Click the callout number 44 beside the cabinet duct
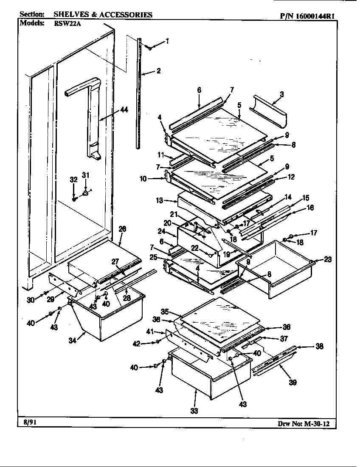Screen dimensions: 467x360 [x=124, y=110]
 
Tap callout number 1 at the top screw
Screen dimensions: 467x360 [x=167, y=41]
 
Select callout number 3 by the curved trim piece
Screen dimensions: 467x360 [x=281, y=94]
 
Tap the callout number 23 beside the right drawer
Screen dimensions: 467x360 [x=328, y=259]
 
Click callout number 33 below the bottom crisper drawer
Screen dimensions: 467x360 [x=194, y=411]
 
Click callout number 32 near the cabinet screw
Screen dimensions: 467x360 [x=73, y=180]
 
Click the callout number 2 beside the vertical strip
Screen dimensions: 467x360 [x=158, y=71]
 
